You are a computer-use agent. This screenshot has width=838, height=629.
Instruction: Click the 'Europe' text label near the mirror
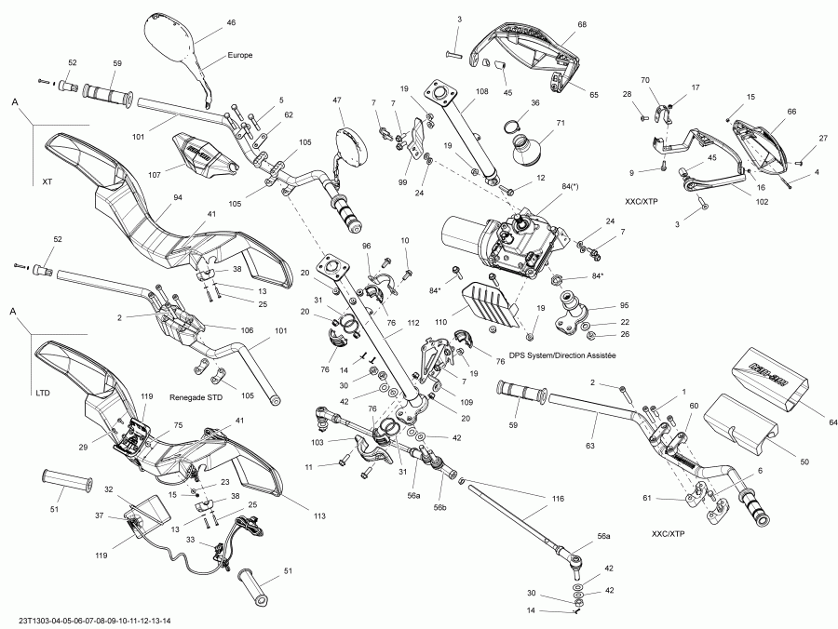point(240,55)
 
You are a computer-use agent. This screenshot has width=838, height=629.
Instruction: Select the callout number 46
point(231,21)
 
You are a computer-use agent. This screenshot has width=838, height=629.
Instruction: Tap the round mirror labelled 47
point(352,141)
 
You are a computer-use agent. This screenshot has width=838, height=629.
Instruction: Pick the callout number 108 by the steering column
point(481,92)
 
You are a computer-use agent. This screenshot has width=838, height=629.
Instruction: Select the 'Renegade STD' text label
point(197,396)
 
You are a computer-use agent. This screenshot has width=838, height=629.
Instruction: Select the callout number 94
point(177,197)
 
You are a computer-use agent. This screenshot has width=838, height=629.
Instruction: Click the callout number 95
point(599,305)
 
